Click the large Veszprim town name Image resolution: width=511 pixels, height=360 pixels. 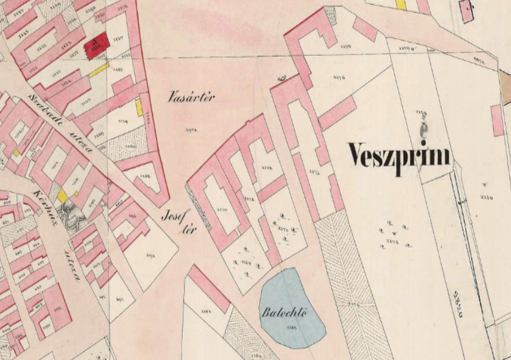point(399,155)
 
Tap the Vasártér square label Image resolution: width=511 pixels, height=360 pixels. point(191,97)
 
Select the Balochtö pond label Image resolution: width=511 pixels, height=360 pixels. point(282,314)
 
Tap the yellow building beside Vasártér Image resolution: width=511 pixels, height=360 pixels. point(139,107)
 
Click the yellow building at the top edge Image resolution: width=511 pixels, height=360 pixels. point(401,5)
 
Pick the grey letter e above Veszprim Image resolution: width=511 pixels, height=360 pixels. point(423,132)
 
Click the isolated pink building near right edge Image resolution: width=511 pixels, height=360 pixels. point(497,120)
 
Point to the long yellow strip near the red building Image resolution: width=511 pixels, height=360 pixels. point(99,70)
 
